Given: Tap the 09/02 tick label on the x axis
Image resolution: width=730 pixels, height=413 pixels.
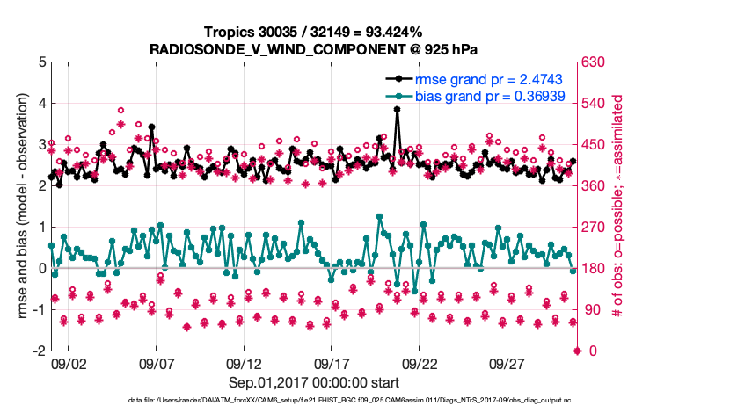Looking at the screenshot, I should (69, 363).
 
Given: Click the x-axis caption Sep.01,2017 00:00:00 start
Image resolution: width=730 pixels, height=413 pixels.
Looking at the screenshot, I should (313, 382).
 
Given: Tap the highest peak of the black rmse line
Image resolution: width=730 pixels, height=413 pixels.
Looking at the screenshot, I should (397, 110).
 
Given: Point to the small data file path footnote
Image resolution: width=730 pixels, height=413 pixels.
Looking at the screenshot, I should (313, 401).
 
